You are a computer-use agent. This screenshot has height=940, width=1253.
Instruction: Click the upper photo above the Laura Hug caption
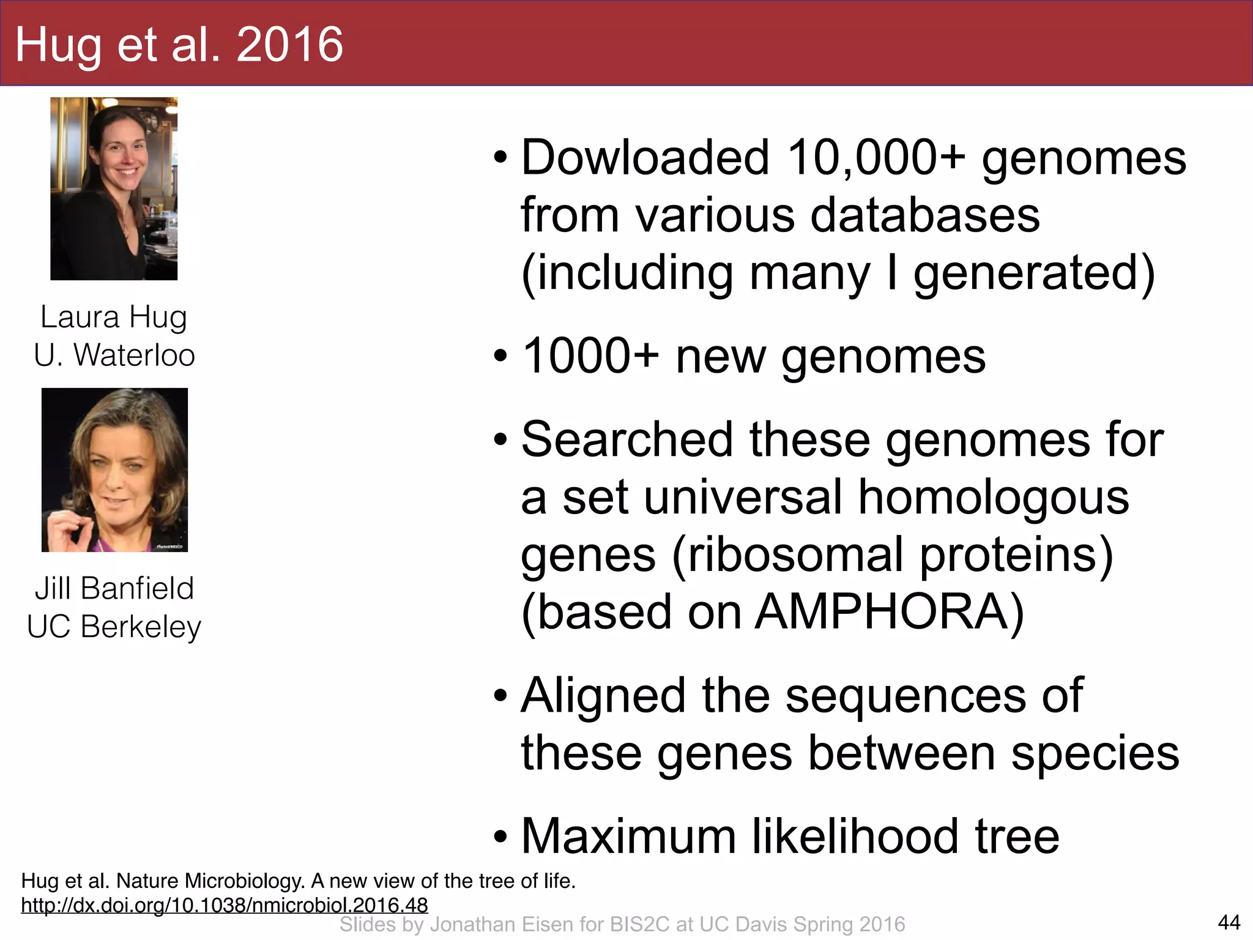point(114,188)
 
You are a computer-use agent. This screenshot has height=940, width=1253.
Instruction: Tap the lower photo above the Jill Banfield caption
point(114,470)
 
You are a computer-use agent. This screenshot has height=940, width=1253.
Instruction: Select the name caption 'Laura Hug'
point(114,317)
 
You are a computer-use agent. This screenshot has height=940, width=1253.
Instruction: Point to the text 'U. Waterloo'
point(114,355)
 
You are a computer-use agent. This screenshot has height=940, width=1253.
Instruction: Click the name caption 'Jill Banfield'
point(114,588)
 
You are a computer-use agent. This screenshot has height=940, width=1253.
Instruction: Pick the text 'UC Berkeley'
point(114,627)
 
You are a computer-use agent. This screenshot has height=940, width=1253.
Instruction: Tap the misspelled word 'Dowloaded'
point(644,158)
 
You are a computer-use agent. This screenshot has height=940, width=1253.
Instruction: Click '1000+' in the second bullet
point(591,356)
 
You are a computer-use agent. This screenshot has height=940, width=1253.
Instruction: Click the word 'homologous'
point(993,497)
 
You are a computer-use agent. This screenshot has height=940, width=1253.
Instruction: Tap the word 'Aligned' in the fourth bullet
point(603,696)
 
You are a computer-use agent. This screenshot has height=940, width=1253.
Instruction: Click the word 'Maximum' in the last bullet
point(628,837)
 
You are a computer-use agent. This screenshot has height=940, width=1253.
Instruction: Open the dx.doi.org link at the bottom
point(225,905)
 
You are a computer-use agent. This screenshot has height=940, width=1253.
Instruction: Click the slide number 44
point(1229,922)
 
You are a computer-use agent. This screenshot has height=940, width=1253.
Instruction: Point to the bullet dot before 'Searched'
point(500,440)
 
